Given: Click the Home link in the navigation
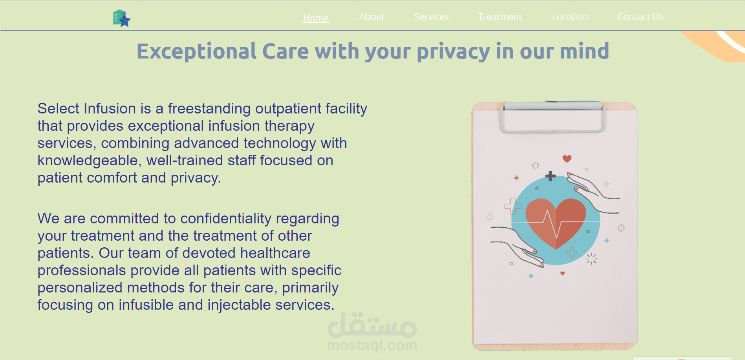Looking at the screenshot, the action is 316,18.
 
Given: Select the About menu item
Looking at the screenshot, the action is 372,17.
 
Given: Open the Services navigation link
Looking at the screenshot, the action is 431,17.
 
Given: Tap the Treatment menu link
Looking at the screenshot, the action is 500,17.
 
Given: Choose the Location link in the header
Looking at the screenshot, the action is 569,17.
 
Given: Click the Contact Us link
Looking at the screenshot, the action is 640,17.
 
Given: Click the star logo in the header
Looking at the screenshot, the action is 121,18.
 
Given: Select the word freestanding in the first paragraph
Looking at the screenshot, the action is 209,108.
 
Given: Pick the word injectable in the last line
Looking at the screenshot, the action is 239,305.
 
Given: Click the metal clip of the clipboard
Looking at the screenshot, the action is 553,117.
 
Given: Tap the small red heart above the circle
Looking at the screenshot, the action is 567,159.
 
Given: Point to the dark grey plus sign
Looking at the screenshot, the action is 551,176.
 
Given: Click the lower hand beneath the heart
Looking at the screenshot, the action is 517,247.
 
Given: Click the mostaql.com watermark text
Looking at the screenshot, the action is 372,345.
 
